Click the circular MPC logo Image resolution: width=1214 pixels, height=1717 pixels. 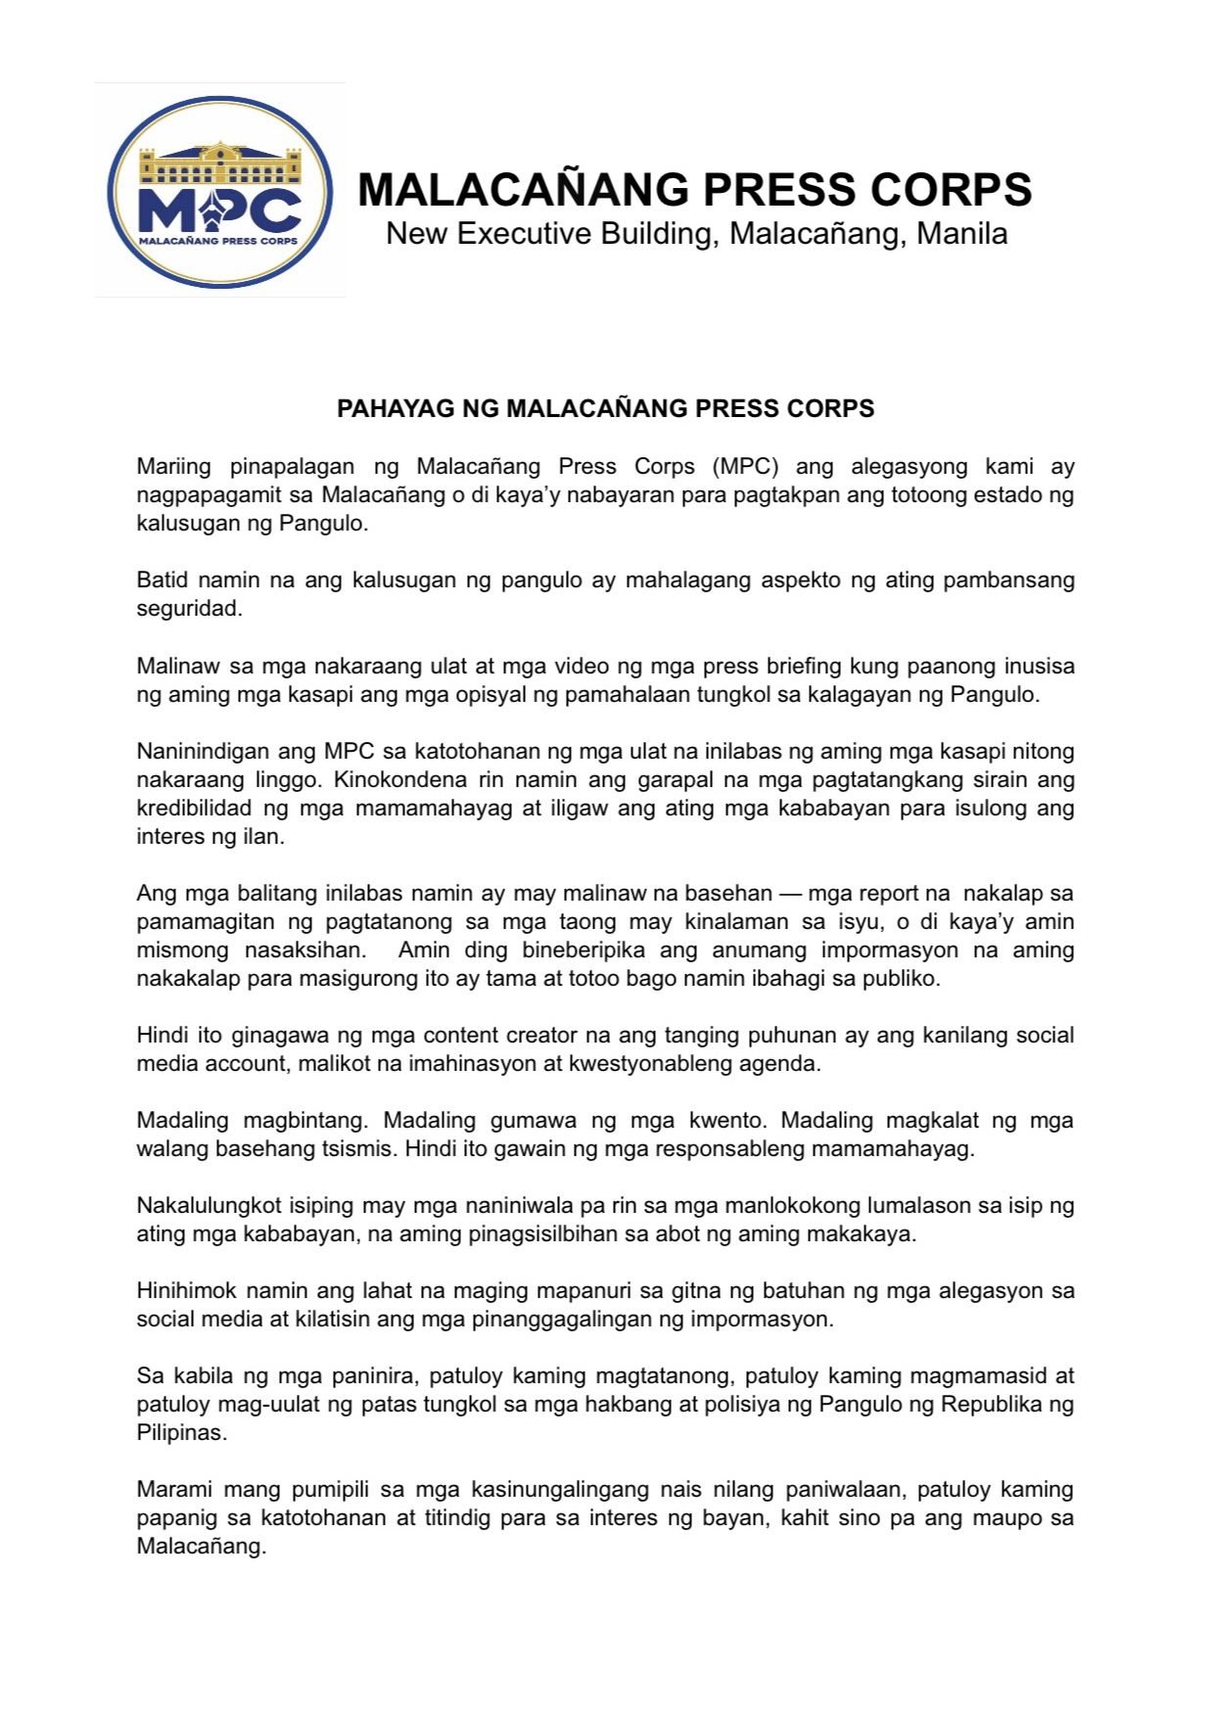[219, 191]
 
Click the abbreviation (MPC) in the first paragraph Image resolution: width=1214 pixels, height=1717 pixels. [745, 466]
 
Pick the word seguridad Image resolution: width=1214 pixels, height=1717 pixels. [188, 608]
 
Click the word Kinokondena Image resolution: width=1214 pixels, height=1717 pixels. [397, 779]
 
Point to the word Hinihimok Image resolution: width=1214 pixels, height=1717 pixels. [186, 1290]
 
